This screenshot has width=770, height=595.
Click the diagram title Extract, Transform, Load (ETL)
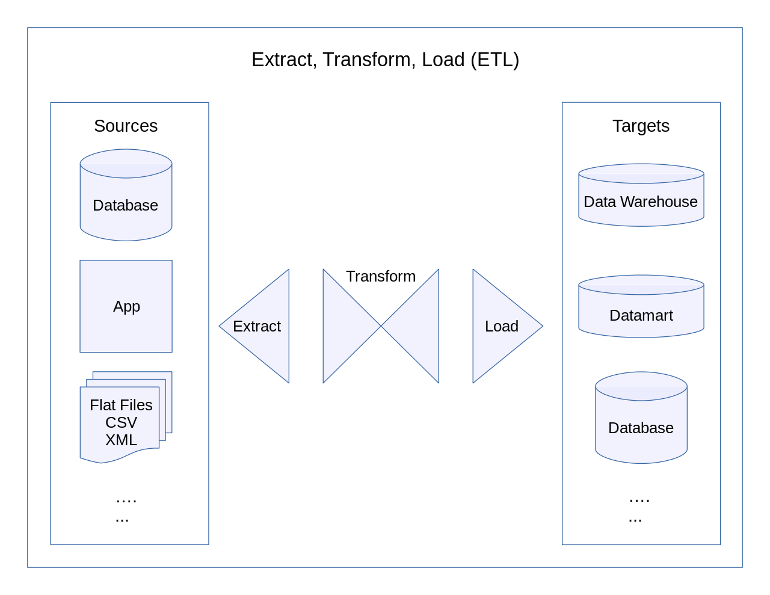(x=385, y=60)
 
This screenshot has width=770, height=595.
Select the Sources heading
(x=126, y=126)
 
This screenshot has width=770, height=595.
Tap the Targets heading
(x=641, y=126)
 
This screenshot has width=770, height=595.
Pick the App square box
(x=126, y=306)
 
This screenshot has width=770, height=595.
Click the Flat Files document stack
(x=121, y=421)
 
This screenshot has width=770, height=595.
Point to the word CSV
(x=121, y=422)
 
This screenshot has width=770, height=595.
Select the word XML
(x=121, y=440)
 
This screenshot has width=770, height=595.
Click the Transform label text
(x=381, y=276)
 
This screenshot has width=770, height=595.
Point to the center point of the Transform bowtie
(x=381, y=326)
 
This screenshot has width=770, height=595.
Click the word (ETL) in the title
(x=494, y=60)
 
